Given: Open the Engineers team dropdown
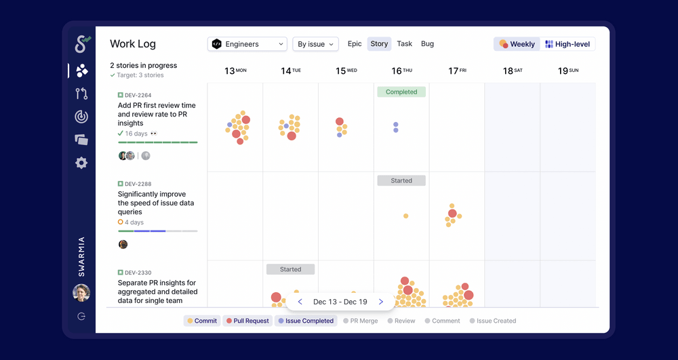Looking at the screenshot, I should (247, 44).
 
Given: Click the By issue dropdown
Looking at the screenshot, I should (315, 44).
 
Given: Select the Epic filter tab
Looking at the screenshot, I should (355, 44).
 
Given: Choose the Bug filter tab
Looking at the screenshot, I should (427, 44).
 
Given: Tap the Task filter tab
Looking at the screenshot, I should (405, 44).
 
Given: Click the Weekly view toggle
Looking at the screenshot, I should (517, 44).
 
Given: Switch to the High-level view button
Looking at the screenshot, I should (568, 44).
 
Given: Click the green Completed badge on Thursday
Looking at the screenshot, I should (401, 92).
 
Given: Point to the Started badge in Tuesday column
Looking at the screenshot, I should (290, 269).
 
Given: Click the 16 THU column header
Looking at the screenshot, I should (401, 71).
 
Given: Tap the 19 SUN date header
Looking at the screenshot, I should (567, 71).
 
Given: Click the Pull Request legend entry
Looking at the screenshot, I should (247, 321).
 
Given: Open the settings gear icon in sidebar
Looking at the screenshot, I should (81, 163).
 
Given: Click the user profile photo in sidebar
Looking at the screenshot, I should (81, 293).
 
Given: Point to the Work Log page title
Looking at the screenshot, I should (133, 44).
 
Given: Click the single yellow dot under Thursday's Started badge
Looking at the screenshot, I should (405, 216).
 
